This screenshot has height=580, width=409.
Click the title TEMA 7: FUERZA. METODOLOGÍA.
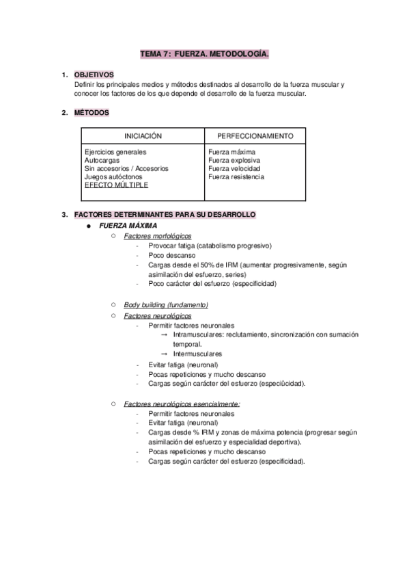pyautogui.click(x=204, y=53)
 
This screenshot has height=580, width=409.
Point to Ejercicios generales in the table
pyautogui.click(x=115, y=152)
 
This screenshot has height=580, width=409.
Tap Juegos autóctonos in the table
pyautogui.click(x=114, y=176)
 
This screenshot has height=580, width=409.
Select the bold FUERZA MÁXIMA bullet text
pyautogui.click(x=128, y=225)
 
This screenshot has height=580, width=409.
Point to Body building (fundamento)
pyautogui.click(x=166, y=304)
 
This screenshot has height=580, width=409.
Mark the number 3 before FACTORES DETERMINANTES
pyautogui.click(x=64, y=215)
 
